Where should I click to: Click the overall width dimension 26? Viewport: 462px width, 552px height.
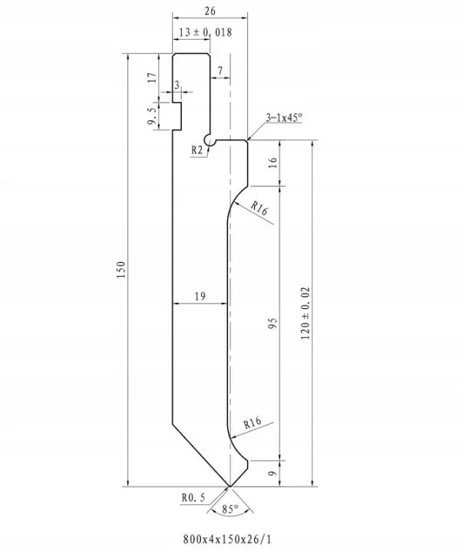tap(210, 11)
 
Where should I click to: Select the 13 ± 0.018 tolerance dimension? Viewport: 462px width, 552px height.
tap(206, 32)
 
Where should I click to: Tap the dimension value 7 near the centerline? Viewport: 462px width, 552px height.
tap(220, 71)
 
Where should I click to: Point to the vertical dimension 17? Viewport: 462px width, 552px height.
tap(152, 77)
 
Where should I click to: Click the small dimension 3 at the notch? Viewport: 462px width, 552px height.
tap(177, 85)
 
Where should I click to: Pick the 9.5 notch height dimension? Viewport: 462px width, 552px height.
tap(152, 117)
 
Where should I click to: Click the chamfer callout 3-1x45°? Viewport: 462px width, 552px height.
tap(284, 117)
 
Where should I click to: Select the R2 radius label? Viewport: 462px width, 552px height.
tap(197, 150)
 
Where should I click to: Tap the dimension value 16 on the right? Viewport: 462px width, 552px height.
tap(272, 163)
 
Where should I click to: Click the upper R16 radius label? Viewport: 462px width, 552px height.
tap(259, 208)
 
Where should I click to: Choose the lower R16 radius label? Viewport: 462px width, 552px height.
tap(252, 422)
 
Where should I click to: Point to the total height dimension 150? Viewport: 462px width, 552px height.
tap(121, 270)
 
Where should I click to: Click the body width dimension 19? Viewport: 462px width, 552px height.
tap(200, 296)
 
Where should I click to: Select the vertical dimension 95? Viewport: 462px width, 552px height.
tap(272, 324)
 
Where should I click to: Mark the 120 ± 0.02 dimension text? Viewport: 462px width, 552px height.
tap(305, 314)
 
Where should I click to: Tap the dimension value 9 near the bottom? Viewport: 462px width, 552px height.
tap(272, 474)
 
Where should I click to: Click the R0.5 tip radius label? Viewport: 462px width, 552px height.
tap(193, 498)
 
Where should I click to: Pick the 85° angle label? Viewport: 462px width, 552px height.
tap(230, 509)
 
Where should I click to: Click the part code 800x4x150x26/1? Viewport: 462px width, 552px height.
tap(228, 539)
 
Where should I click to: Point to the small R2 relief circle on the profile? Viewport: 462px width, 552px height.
tap(209, 141)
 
